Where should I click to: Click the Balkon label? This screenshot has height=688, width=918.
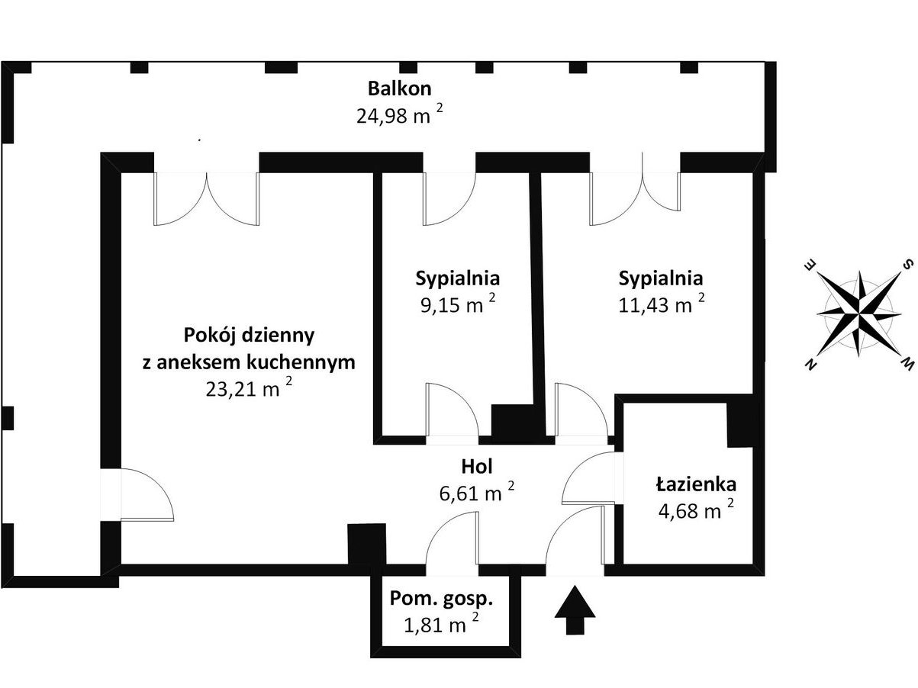pyautogui.click(x=399, y=88)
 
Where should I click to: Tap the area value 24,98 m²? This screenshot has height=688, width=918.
pyautogui.click(x=399, y=115)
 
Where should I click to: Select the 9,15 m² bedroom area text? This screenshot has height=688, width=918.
pyautogui.click(x=458, y=304)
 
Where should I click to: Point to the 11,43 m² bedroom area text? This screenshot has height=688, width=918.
pyautogui.click(x=661, y=304)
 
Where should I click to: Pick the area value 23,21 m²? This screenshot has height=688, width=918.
pyautogui.click(x=249, y=389)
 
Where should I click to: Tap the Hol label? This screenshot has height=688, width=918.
pyautogui.click(x=477, y=467)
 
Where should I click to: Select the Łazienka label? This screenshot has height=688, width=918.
pyautogui.click(x=696, y=484)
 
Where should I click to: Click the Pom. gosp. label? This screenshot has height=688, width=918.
pyautogui.click(x=441, y=600)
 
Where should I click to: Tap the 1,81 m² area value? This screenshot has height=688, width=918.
pyautogui.click(x=441, y=625)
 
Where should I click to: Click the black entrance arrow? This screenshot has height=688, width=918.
pyautogui.click(x=575, y=609)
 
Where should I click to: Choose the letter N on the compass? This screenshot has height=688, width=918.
pyautogui.click(x=811, y=365)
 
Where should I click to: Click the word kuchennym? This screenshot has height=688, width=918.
pyautogui.click(x=301, y=363)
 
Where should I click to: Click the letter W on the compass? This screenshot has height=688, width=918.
pyautogui.click(x=907, y=365)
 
